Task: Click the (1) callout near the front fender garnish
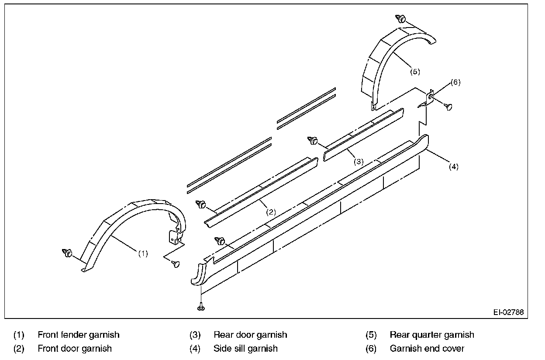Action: (x=143, y=253)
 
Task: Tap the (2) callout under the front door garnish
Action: (x=271, y=212)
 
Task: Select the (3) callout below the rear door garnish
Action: (x=358, y=161)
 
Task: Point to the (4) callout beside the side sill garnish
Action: (x=454, y=166)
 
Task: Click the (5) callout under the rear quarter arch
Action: (x=415, y=72)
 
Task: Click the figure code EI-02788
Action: (x=508, y=312)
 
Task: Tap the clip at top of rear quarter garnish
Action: (x=401, y=19)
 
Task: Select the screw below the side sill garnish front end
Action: (x=200, y=308)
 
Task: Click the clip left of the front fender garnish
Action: (x=68, y=253)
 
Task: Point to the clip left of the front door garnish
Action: (x=201, y=204)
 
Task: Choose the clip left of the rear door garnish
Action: (x=313, y=140)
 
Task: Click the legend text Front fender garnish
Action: (x=79, y=335)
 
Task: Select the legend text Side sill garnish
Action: (x=245, y=349)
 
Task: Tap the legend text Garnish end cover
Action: (x=427, y=349)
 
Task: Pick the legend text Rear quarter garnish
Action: (x=432, y=335)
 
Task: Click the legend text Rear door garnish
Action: (x=250, y=335)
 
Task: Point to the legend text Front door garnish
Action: (x=75, y=349)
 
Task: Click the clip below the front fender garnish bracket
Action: (x=176, y=263)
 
